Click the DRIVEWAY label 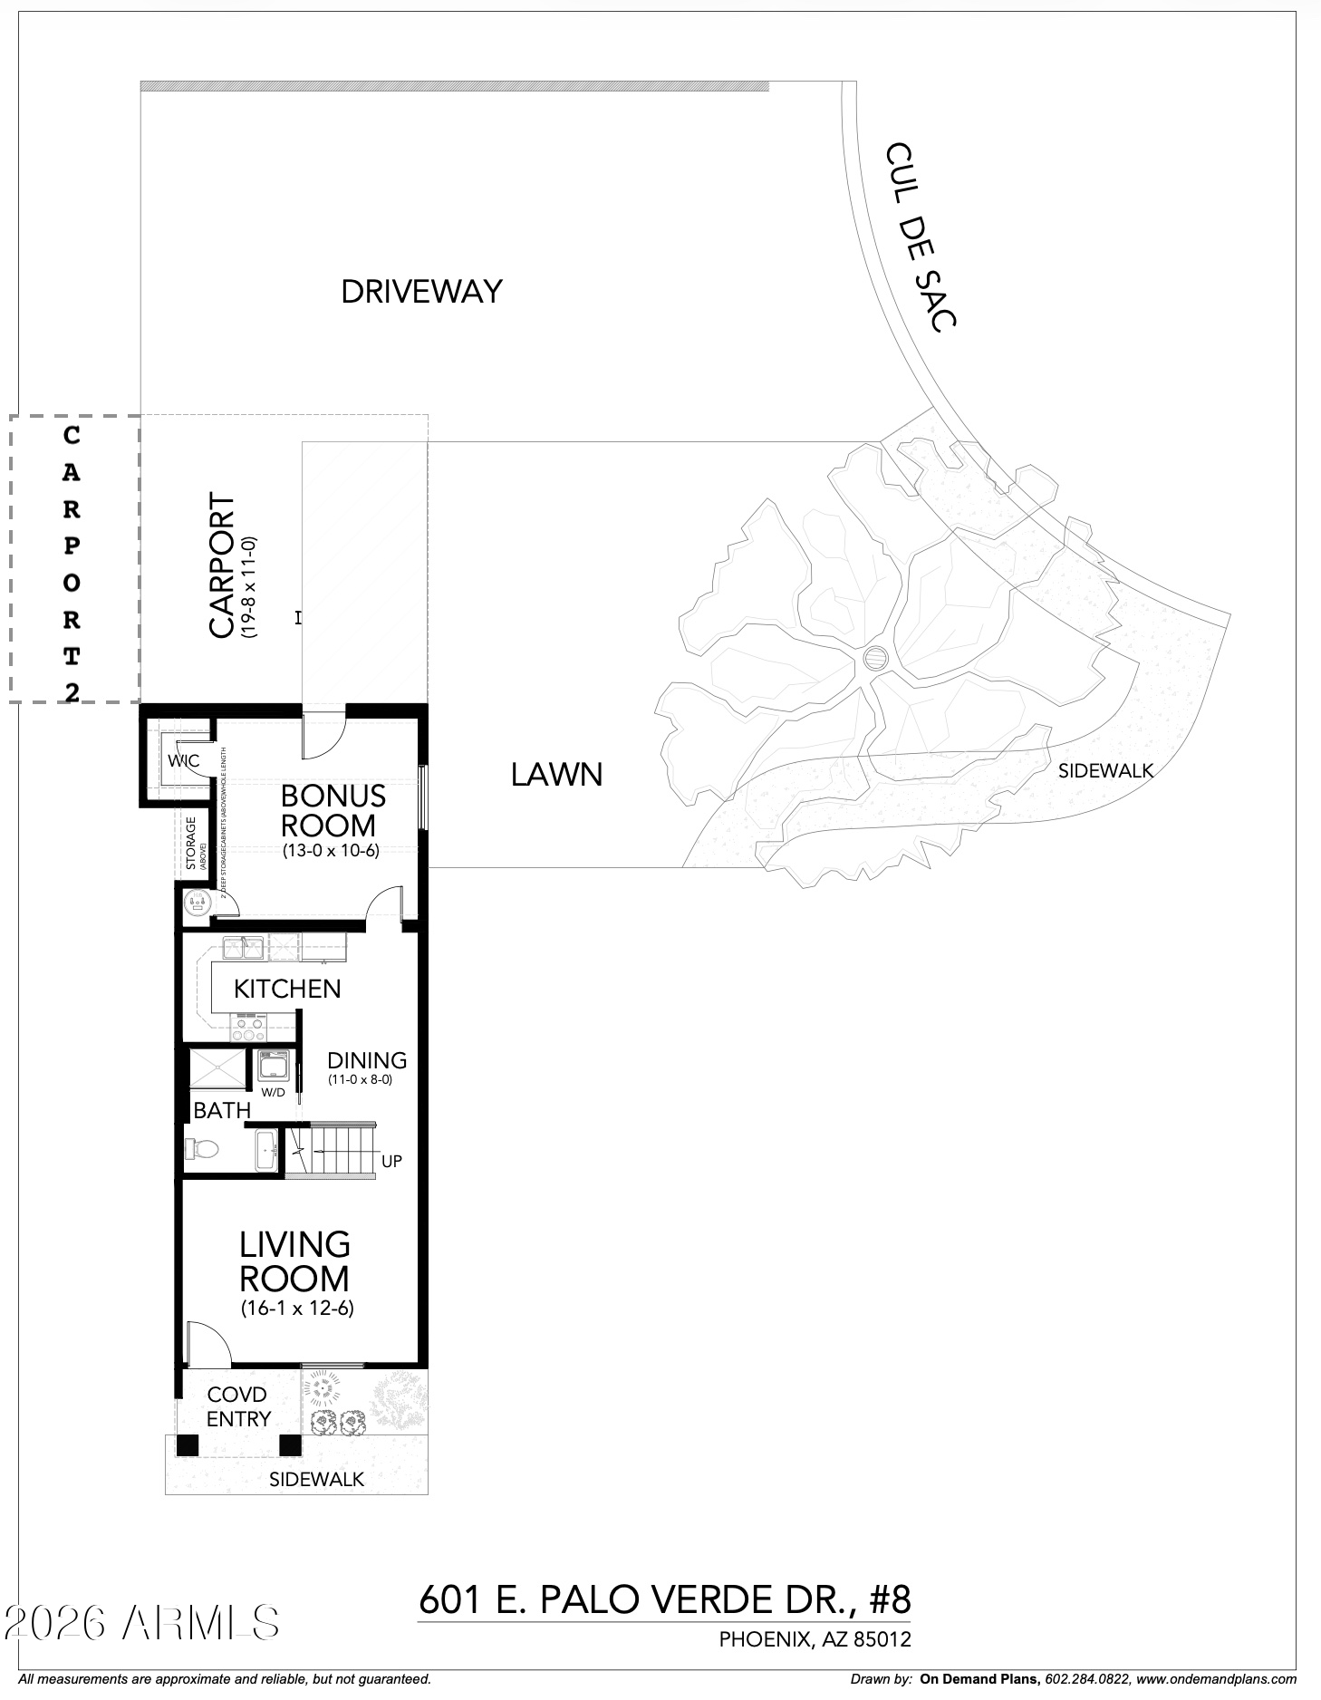[421, 291]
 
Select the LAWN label [556, 775]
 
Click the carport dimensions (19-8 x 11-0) [250, 588]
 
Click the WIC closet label [183, 760]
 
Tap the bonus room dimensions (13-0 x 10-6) [330, 851]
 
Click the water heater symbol [197, 903]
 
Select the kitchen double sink [243, 948]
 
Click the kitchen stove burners [247, 1028]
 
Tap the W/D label [273, 1092]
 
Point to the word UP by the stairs [391, 1161]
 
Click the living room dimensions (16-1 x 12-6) [297, 1309]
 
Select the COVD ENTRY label [238, 1406]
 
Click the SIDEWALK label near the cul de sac [1105, 771]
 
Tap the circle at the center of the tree [876, 657]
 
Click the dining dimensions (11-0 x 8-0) [360, 1080]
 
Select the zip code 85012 [883, 1639]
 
